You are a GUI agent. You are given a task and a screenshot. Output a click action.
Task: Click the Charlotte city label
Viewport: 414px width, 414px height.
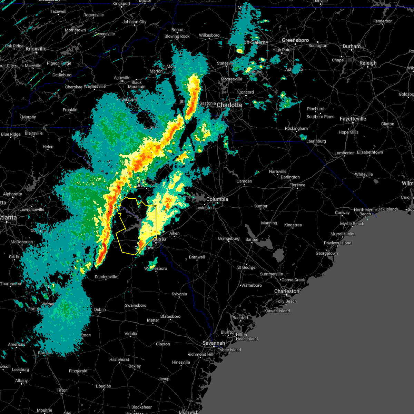coord(229,105)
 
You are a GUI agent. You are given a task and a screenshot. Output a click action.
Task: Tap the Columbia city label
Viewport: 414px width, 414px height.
coord(217,199)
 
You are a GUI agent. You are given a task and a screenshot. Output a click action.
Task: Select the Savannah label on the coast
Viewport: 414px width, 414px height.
coord(214,343)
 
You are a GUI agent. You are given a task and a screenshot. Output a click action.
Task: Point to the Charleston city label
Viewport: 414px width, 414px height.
coord(287,291)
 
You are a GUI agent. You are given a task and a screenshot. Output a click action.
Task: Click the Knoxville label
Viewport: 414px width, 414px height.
coord(36,49)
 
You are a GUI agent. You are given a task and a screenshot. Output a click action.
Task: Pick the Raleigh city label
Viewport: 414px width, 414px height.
coord(368,63)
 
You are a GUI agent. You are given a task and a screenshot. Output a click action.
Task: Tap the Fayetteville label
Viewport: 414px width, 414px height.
coord(353,119)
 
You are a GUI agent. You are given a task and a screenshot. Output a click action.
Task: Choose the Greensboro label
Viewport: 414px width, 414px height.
coord(295,40)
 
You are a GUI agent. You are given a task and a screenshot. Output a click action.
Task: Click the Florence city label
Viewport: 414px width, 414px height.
coord(297,185)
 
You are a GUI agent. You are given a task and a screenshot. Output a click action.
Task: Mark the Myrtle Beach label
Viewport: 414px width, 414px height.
coord(352,224)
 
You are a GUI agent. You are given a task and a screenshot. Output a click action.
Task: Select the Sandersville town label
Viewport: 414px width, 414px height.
coord(106,277)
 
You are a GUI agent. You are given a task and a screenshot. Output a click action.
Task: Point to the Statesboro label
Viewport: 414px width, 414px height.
coord(170,316)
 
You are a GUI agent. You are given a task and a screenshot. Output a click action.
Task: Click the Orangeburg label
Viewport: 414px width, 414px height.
coord(228,238)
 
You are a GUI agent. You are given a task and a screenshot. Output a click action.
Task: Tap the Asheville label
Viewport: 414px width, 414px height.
coord(122,78)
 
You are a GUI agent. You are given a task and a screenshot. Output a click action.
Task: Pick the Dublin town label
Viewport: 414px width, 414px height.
coord(100,309)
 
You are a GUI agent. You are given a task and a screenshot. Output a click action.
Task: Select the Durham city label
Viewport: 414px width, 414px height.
coord(352,46)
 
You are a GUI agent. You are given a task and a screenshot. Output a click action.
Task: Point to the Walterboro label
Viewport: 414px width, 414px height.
coord(252,285)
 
